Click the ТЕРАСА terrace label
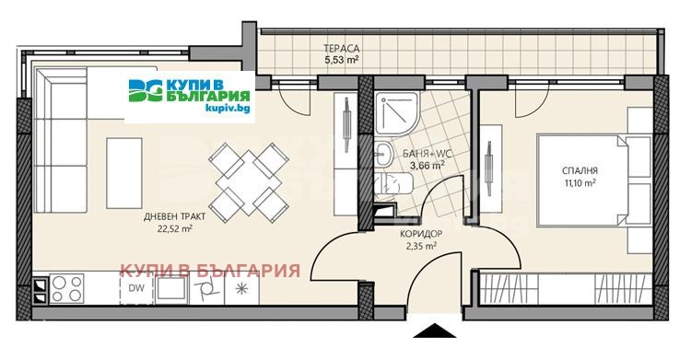click(x=341, y=48)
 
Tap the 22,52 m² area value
click(x=174, y=228)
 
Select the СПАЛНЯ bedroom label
click(x=580, y=170)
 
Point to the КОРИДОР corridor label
click(x=421, y=235)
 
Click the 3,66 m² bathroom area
click(x=427, y=166)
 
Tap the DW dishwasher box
click(x=136, y=288)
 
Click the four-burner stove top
click(x=66, y=288)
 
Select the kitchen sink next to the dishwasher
click(x=170, y=288)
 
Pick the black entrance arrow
click(x=434, y=331)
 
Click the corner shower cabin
click(x=396, y=113)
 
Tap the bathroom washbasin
click(x=383, y=155)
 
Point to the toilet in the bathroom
click(x=394, y=183)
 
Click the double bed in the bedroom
click(x=593, y=180)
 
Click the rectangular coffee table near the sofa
click(x=124, y=173)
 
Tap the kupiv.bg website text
click(x=228, y=108)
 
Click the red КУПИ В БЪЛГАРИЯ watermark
click(x=210, y=270)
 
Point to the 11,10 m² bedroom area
click(x=580, y=183)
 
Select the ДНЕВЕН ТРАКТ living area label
click(x=174, y=216)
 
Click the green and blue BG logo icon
click(x=146, y=90)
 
